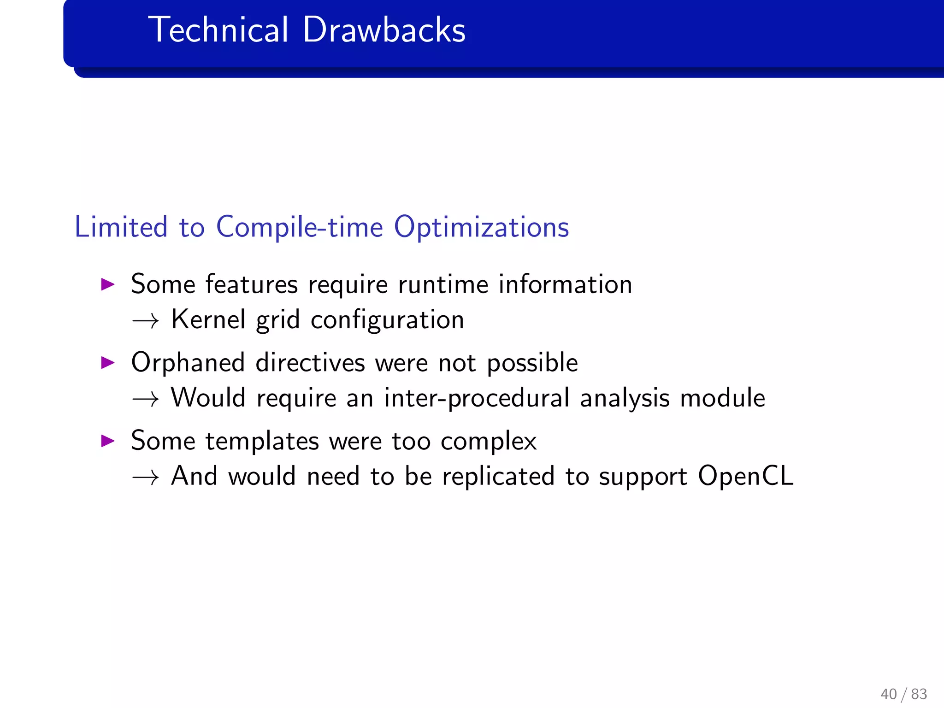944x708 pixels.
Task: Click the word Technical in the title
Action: [x=218, y=30]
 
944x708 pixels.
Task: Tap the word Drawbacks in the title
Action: [x=384, y=30]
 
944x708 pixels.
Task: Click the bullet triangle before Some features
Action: [x=107, y=284]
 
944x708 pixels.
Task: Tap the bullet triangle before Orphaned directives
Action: [x=107, y=362]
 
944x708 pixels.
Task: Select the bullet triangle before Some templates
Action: [x=107, y=441]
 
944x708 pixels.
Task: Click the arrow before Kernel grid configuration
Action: [x=145, y=320]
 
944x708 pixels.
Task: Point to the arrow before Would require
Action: [x=145, y=399]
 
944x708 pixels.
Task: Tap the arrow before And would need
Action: [x=145, y=477]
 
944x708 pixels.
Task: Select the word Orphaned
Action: [x=188, y=363]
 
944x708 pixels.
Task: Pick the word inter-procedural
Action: [x=477, y=398]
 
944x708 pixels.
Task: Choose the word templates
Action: [x=262, y=442]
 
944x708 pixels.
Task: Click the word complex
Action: [x=489, y=442]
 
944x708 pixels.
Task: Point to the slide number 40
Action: [x=888, y=694]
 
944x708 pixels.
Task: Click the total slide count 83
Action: [x=919, y=694]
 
